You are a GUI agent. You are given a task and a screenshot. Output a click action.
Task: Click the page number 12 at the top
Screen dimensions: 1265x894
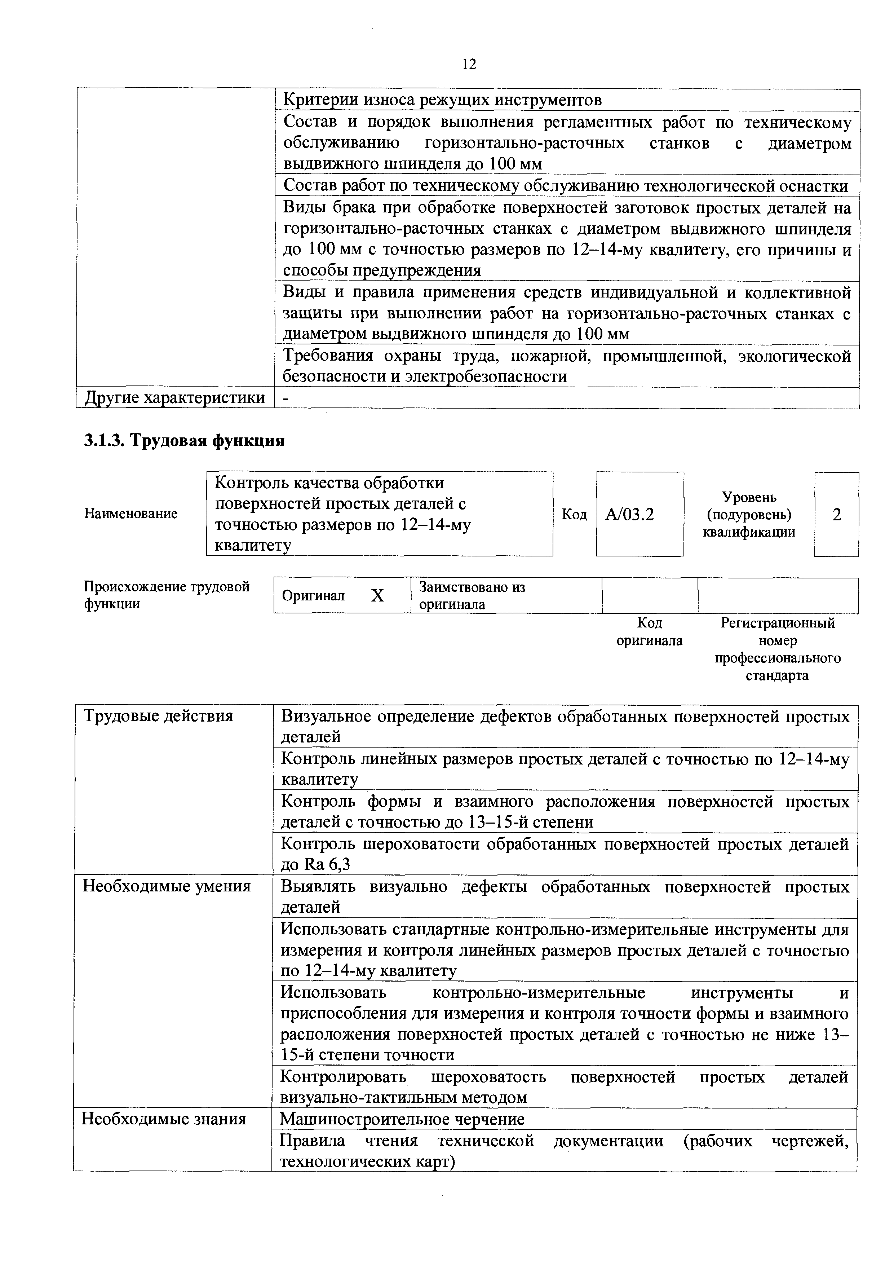[468, 65]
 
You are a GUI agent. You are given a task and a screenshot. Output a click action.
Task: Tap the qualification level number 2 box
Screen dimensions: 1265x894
[836, 515]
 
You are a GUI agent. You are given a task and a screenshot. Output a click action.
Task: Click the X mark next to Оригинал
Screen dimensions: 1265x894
[377, 596]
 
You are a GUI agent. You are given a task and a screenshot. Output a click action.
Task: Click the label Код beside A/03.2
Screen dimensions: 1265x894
[574, 515]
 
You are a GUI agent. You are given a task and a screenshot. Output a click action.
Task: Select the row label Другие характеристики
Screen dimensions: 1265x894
[174, 398]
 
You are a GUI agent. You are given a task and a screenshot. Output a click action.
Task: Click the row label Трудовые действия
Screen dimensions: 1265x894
[158, 716]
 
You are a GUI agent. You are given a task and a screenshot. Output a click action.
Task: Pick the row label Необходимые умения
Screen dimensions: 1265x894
[166, 886]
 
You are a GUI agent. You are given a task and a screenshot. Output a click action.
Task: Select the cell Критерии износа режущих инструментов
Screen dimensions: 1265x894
[442, 100]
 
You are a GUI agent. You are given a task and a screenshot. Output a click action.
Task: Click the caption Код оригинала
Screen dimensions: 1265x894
[649, 632]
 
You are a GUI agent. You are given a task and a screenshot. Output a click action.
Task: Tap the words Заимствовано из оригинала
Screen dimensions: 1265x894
[472, 596]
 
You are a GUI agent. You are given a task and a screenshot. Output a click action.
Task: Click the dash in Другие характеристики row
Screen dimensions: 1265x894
[286, 398]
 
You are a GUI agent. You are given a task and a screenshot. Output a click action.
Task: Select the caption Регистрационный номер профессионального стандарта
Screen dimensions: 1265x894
[777, 649]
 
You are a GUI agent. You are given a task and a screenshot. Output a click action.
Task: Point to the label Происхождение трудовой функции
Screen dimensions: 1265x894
[166, 595]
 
